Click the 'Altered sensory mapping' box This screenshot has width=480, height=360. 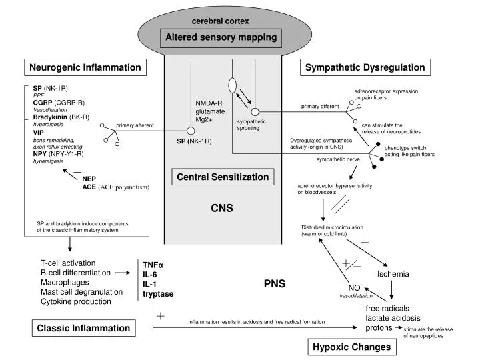coord(222,37)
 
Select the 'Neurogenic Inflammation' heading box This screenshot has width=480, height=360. coord(85,67)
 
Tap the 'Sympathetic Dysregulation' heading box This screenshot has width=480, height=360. coord(365,67)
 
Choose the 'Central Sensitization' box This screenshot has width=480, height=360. coord(222,177)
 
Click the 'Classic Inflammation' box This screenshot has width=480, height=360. coord(83,328)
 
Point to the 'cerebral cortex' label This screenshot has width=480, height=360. coord(221,21)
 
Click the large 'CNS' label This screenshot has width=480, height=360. coord(221,208)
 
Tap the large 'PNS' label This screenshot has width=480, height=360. coord(274,283)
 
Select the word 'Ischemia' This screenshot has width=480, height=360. coord(393,274)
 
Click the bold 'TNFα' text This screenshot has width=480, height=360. coord(153,264)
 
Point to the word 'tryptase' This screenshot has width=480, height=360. coord(158,293)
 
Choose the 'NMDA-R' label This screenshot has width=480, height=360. coord(208,103)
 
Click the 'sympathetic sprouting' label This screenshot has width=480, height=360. coord(251,125)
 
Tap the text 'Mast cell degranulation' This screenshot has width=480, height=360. coord(81,291)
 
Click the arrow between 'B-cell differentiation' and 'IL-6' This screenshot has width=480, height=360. coord(122,273)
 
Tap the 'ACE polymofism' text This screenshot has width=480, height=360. coord(124,187)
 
